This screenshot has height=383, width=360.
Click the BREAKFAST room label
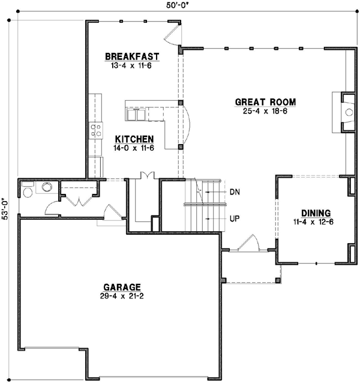(132, 56)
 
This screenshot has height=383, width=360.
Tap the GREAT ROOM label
(265, 101)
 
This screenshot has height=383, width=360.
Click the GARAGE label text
(121, 287)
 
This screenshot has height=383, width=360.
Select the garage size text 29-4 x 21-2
(121, 296)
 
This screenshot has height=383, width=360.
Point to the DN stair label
(235, 192)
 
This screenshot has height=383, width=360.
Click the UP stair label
(235, 219)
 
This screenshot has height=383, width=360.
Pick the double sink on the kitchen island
(137, 113)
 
